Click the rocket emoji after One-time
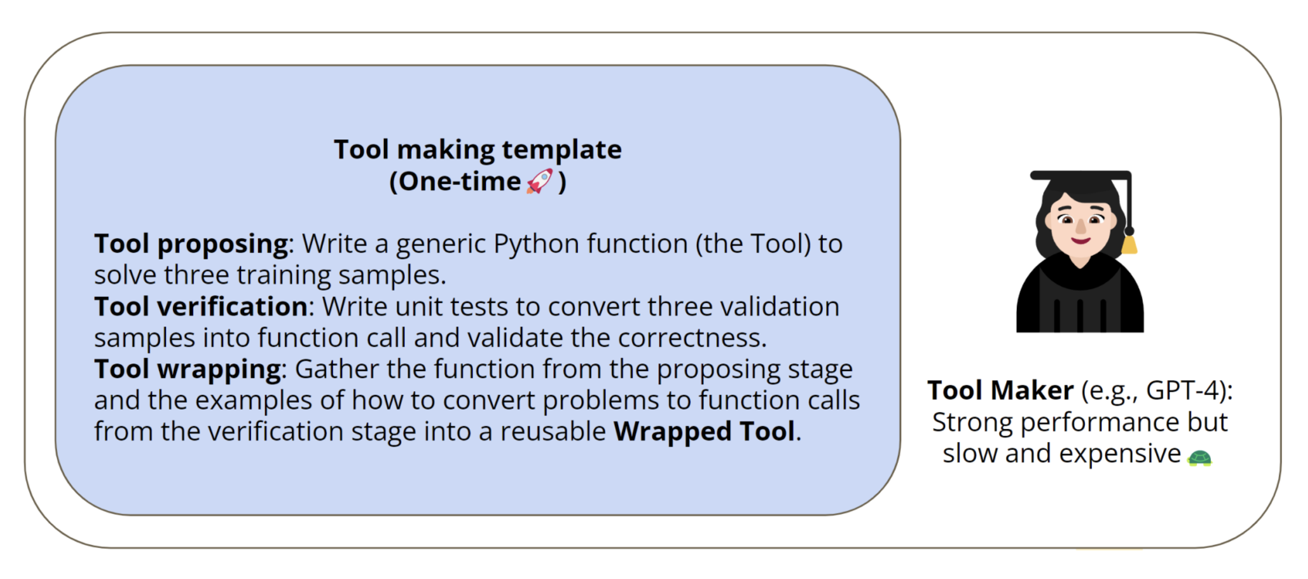(539, 181)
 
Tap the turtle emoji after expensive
(1200, 458)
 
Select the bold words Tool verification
(201, 307)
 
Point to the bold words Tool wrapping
(188, 369)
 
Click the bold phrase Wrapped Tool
(704, 432)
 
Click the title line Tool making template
(478, 150)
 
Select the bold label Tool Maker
(1000, 390)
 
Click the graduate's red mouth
(1080, 240)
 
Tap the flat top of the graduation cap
(1077, 175)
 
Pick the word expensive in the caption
(1120, 454)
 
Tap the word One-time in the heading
(459, 182)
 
